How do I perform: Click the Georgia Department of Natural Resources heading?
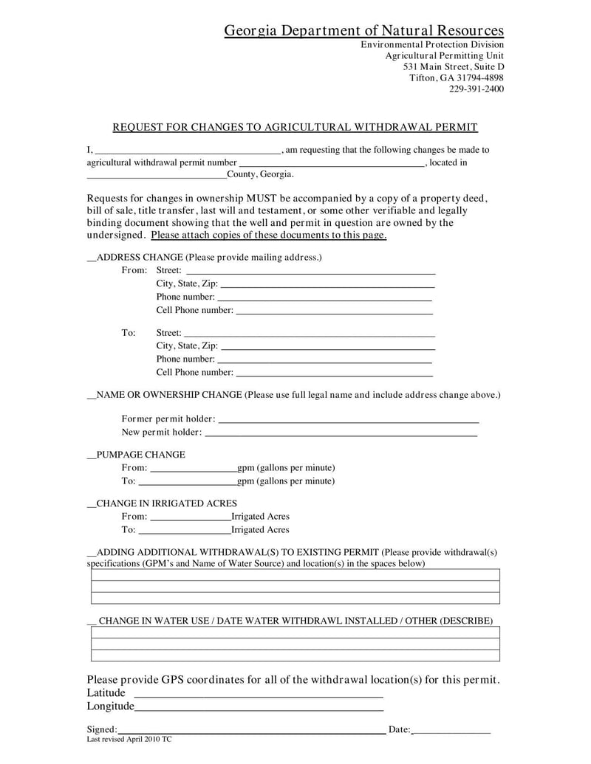pyautogui.click(x=364, y=30)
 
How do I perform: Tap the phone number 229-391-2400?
pyautogui.click(x=476, y=89)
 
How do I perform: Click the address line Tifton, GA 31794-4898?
pyautogui.click(x=457, y=78)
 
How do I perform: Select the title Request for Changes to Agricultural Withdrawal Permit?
pyautogui.click(x=295, y=127)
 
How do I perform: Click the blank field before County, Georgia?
pyautogui.click(x=157, y=176)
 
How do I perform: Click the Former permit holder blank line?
pyautogui.click(x=349, y=420)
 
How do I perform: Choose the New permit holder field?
pyautogui.click(x=341, y=433)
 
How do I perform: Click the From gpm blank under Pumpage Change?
pyautogui.click(x=193, y=469)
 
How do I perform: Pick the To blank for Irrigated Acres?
pyautogui.click(x=185, y=531)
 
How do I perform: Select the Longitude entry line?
pyautogui.click(x=259, y=708)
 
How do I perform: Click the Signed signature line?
pyautogui.click(x=251, y=731)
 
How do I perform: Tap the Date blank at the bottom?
pyautogui.click(x=451, y=731)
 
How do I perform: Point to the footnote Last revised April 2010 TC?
pyautogui.click(x=129, y=739)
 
